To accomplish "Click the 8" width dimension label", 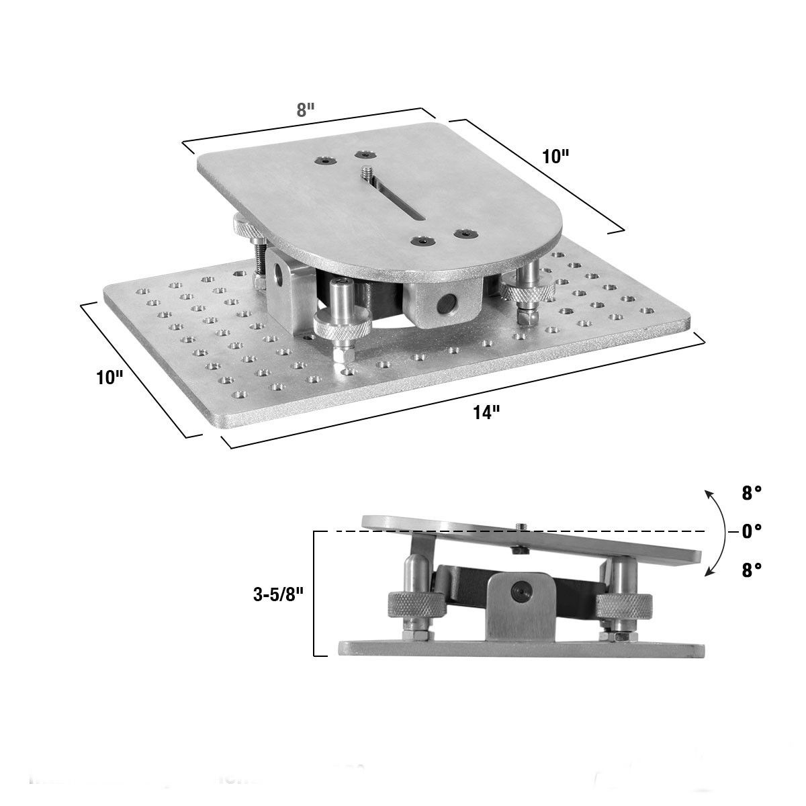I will [x=306, y=110].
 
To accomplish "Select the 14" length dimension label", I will [x=486, y=412].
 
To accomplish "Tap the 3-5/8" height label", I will [x=277, y=594].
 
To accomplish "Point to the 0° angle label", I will [x=751, y=531].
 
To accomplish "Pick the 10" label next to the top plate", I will [x=555, y=156].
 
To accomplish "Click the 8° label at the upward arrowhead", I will [x=752, y=494].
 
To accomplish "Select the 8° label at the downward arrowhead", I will [x=752, y=570].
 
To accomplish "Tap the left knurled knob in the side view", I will [x=415, y=605].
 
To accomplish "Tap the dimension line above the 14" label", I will [x=463, y=391].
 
